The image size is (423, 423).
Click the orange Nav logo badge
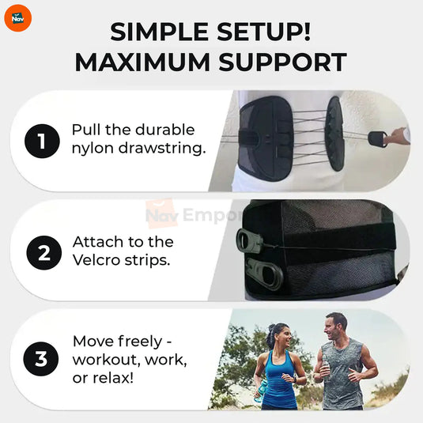[17, 17]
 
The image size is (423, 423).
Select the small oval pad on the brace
[335, 133]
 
